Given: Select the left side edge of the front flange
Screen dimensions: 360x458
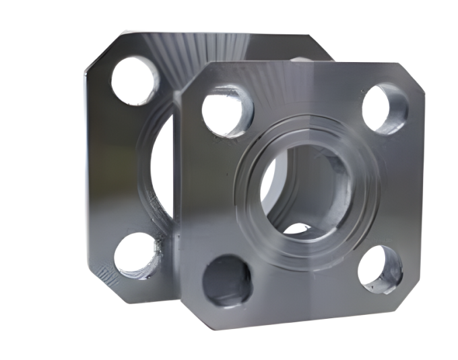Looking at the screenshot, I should (x=178, y=202).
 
